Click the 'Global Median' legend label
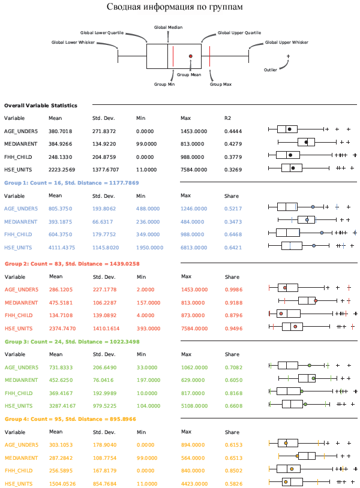(168, 28)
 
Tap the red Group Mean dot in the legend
(191, 56)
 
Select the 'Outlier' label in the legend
(271, 70)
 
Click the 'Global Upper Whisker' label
(286, 43)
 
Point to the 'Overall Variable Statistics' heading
(41, 106)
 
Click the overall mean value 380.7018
(61, 131)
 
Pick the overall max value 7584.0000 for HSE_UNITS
(193, 170)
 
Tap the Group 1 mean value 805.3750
(61, 209)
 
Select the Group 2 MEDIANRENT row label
(21, 303)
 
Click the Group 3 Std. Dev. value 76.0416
(103, 379)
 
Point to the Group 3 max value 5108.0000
(193, 405)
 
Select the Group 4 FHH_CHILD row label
(19, 471)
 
